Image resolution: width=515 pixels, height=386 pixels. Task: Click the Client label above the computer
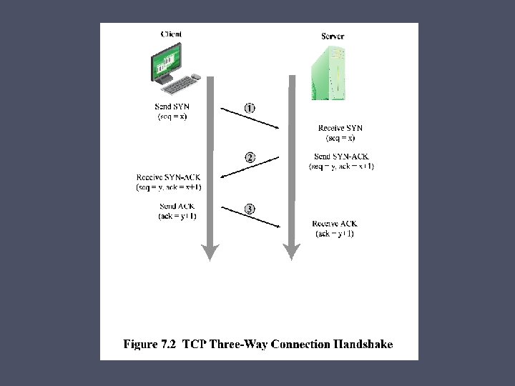[x=172, y=34]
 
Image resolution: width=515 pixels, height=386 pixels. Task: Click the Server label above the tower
[x=333, y=36]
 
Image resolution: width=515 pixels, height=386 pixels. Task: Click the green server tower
[x=328, y=71]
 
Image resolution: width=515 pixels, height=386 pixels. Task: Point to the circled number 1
[x=250, y=108]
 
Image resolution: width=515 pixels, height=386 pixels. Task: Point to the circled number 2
[x=250, y=157]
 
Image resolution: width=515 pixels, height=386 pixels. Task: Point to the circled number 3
[x=250, y=209]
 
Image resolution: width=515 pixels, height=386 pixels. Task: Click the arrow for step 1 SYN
[x=250, y=119]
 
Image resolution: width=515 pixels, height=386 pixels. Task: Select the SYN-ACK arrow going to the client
[x=250, y=168]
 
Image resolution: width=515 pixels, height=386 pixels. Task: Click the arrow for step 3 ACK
[x=250, y=217]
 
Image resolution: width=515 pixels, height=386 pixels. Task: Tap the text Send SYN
[x=172, y=107]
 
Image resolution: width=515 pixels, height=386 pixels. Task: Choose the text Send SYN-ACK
[x=341, y=157]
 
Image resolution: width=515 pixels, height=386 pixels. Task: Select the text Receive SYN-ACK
[x=169, y=177]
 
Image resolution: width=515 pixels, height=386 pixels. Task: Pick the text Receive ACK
[x=335, y=224]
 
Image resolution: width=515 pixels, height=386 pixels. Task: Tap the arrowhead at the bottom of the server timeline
[x=290, y=252]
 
